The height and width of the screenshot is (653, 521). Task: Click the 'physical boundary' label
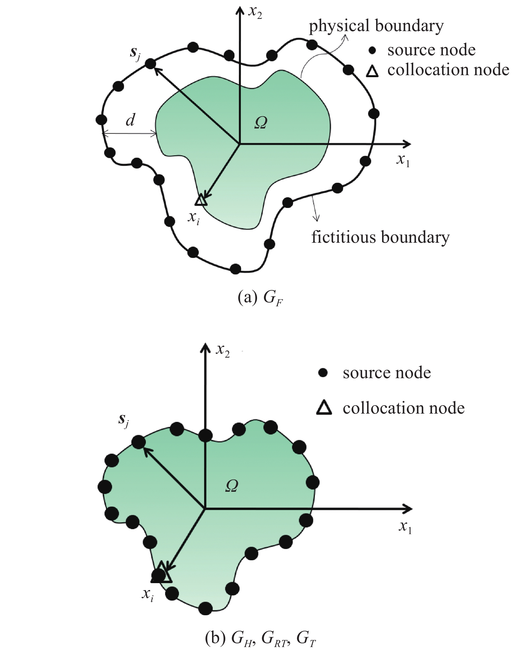376,26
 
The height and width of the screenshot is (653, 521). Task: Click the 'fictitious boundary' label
380,237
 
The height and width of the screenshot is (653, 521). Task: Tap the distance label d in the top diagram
130,120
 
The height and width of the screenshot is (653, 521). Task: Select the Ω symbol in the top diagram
261,123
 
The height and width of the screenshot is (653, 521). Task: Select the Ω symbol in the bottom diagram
232,486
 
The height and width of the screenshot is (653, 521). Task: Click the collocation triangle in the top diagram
201,200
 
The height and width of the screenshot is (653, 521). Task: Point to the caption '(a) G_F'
260,298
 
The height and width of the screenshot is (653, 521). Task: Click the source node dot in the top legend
372,50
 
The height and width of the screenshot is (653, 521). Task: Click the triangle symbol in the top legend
372,72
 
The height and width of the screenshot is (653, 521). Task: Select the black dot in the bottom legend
323,373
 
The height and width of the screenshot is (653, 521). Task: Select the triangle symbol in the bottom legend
324,408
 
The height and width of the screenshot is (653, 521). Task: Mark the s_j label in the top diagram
135,54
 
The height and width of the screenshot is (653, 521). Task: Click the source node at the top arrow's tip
150,64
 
